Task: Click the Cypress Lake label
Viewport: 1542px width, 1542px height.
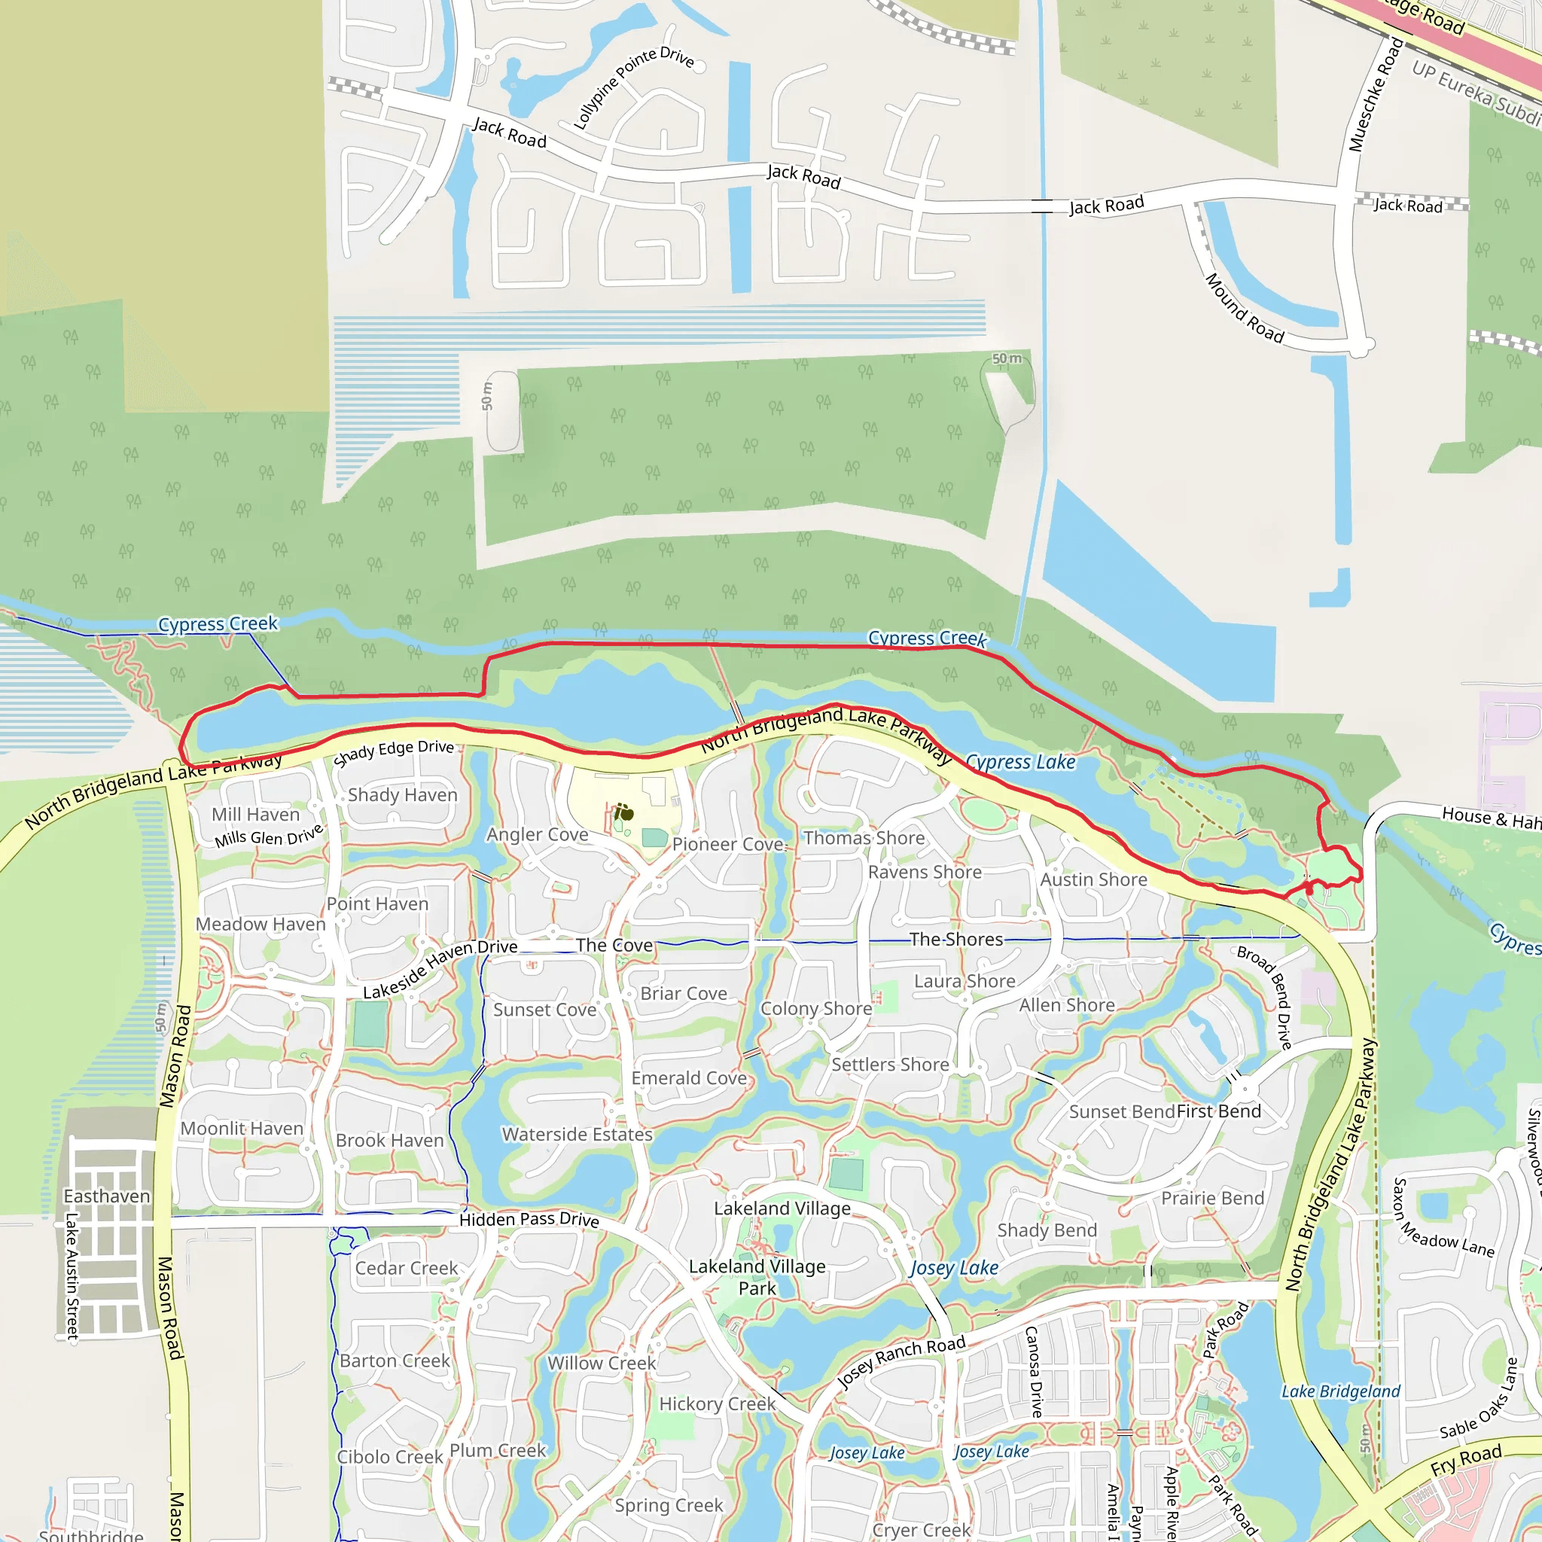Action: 1020,762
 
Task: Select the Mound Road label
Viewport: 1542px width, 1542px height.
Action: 1244,308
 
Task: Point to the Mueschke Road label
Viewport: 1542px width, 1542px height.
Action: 1375,94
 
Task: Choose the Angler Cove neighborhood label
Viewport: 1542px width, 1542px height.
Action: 537,835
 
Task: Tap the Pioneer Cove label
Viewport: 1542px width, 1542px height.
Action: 727,845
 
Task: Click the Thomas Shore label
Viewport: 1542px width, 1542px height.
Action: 864,838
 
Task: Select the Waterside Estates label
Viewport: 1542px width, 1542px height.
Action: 577,1134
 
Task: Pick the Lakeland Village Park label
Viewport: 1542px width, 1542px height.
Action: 757,1277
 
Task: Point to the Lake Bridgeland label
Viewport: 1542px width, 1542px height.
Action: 1340,1392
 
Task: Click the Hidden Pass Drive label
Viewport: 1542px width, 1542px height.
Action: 529,1220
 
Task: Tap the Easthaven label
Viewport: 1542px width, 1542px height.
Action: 106,1196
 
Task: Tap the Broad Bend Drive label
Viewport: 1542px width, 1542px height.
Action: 1264,997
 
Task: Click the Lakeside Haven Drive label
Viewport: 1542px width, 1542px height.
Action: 440,969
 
